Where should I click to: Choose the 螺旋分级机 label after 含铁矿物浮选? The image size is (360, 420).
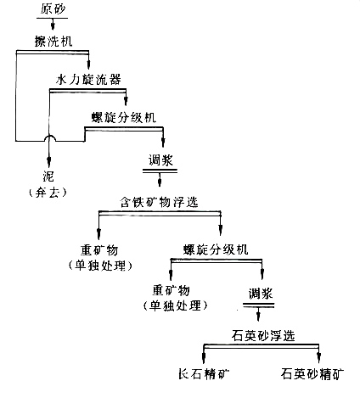[217, 249]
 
